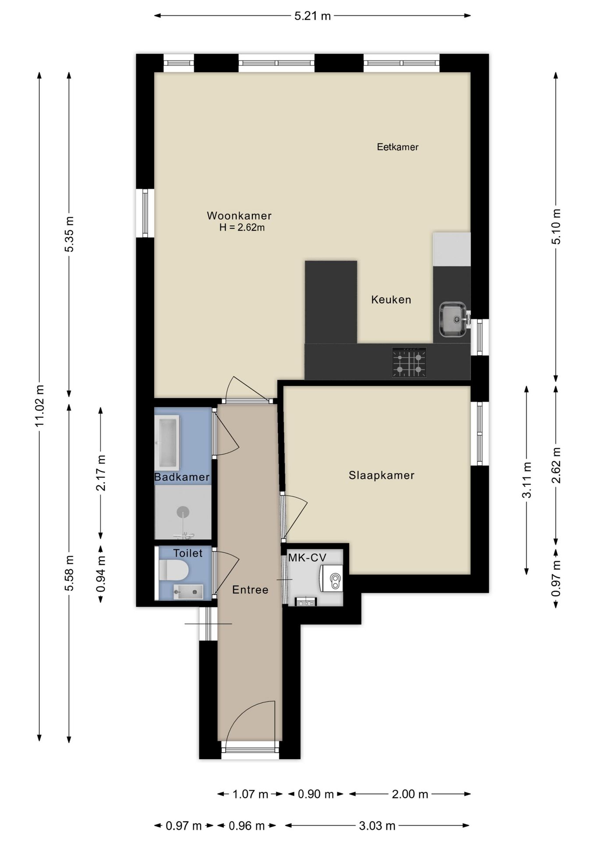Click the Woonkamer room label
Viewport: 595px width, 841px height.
click(x=239, y=216)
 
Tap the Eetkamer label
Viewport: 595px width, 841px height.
click(x=397, y=147)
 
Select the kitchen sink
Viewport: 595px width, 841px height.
click(x=453, y=319)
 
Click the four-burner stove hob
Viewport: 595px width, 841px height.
click(x=409, y=363)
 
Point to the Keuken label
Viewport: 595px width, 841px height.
click(x=391, y=300)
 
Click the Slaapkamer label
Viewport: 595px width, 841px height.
click(x=381, y=475)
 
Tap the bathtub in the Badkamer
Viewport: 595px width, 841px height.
click(x=168, y=442)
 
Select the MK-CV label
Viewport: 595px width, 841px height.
click(x=307, y=558)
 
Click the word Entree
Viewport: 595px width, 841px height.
click(x=250, y=590)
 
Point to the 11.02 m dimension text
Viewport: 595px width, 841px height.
click(x=39, y=406)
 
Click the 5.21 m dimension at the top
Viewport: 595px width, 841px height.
click(x=312, y=16)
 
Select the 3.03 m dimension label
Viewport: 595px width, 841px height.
click(x=377, y=826)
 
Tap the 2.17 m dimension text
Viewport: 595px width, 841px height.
click(x=101, y=473)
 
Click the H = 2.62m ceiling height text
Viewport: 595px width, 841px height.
click(x=242, y=228)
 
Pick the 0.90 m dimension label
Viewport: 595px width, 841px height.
click(x=315, y=794)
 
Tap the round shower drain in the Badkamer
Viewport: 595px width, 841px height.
click(x=183, y=511)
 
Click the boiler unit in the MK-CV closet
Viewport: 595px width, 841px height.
click(x=332, y=579)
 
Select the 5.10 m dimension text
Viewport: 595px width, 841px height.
click(x=556, y=226)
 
